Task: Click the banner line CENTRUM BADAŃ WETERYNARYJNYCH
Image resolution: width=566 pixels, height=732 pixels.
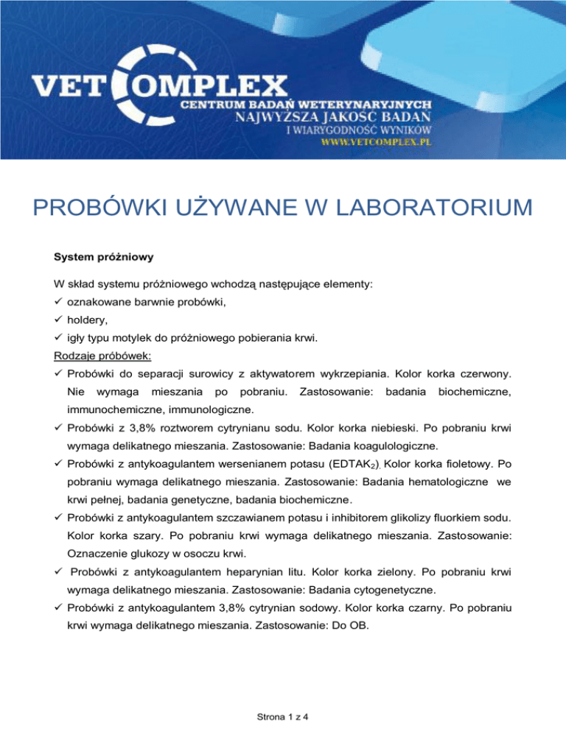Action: [307, 105]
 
